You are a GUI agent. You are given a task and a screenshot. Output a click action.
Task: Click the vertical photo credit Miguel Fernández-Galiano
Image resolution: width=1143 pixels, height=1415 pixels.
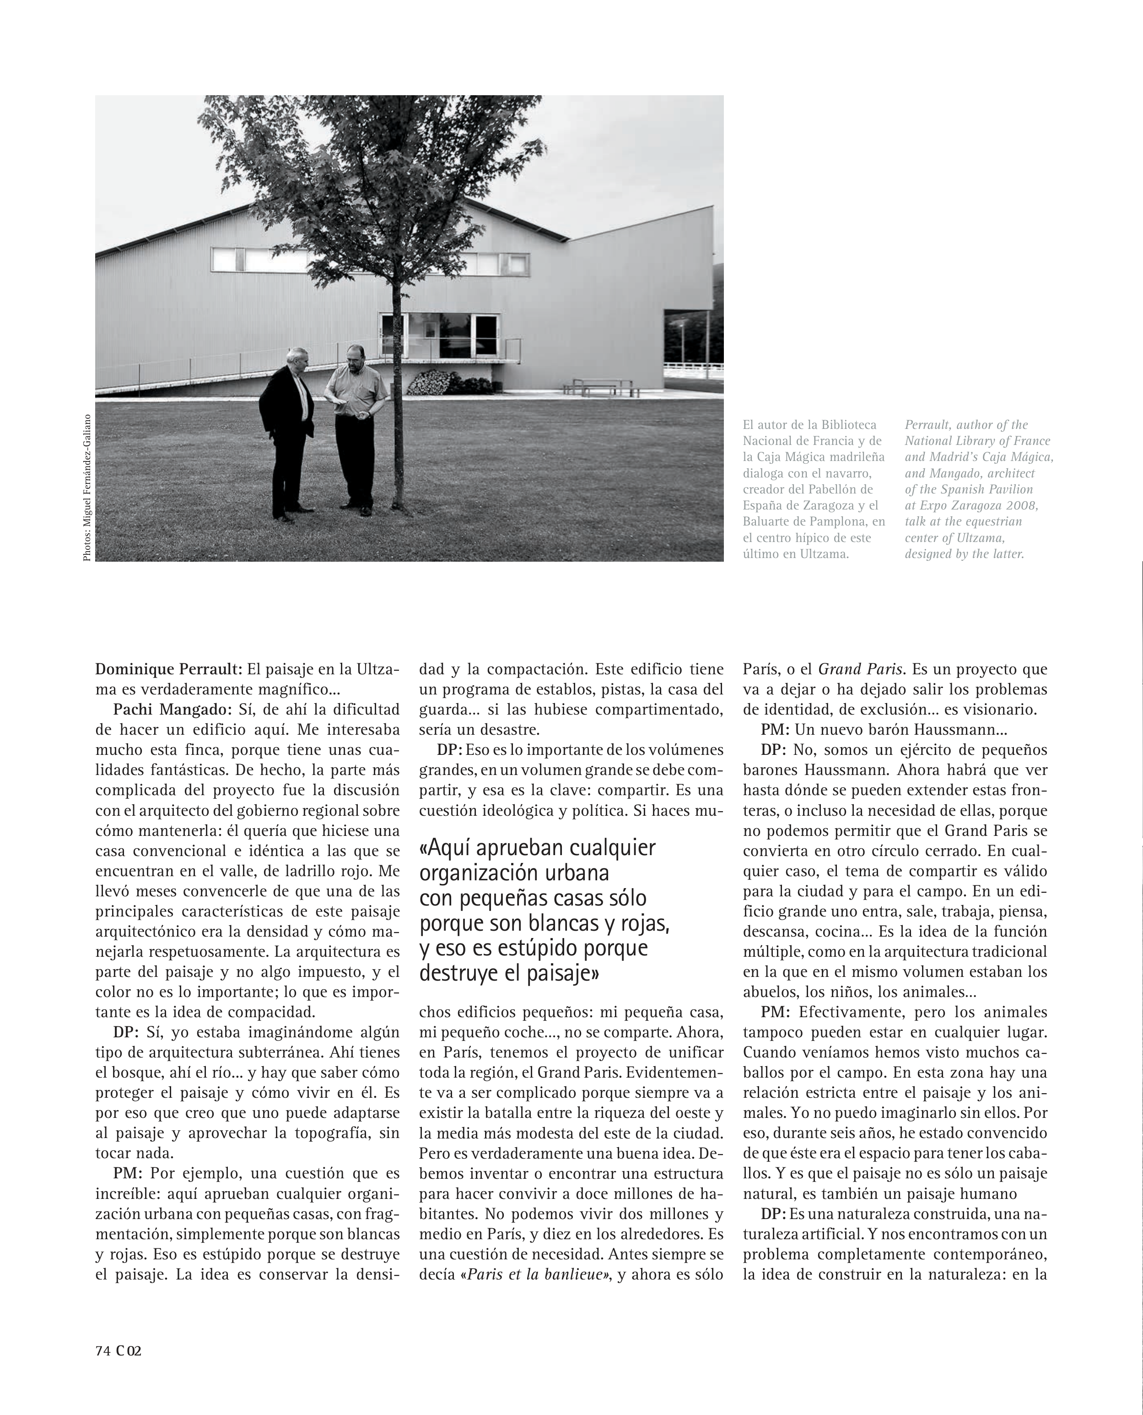(87, 488)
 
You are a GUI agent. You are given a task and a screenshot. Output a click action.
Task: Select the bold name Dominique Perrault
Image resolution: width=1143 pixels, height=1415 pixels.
(168, 669)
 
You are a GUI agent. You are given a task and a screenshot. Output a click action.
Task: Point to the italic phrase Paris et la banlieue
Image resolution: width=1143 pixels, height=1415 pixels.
(535, 1274)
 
